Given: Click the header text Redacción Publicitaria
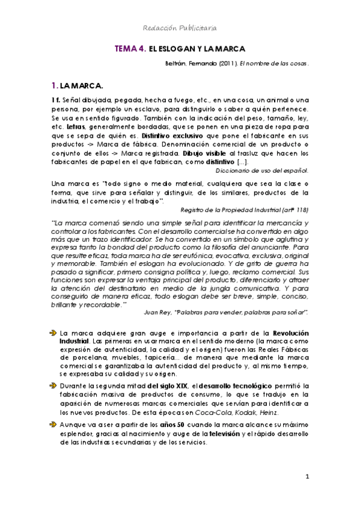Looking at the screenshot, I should tap(180, 28).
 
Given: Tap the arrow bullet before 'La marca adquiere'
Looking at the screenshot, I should tap(53, 333).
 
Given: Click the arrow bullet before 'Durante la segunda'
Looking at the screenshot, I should tap(53, 384).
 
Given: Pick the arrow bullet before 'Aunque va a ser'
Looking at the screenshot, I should tap(53, 424).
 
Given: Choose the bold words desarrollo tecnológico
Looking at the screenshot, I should tap(235, 385).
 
